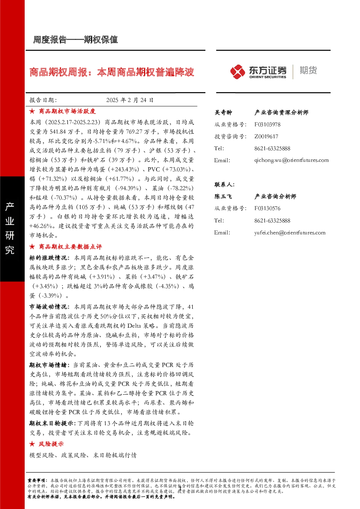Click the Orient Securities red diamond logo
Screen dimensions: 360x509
(x=238, y=72)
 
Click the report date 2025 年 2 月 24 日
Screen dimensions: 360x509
(x=130, y=100)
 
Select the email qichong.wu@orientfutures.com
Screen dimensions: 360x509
(x=291, y=160)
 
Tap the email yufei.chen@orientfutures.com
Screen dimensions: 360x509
(x=290, y=233)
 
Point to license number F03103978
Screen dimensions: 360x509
(x=267, y=124)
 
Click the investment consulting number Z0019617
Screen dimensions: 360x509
(x=266, y=136)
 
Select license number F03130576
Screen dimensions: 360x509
(x=267, y=208)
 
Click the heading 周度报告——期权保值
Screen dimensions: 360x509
(x=75, y=40)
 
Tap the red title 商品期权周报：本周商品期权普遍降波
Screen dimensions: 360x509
(x=111, y=72)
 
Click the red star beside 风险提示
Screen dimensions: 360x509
(x=32, y=444)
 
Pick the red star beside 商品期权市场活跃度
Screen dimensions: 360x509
(x=32, y=111)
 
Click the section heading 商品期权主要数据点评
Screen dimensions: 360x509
(x=70, y=247)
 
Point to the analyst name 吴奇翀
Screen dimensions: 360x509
(x=223, y=112)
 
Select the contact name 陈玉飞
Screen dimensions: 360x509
(x=223, y=196)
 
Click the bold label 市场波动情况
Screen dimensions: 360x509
(x=48, y=307)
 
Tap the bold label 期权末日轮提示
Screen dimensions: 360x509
(x=52, y=423)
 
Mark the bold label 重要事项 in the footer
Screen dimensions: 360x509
(x=36, y=481)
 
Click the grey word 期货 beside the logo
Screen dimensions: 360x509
(x=308, y=70)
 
